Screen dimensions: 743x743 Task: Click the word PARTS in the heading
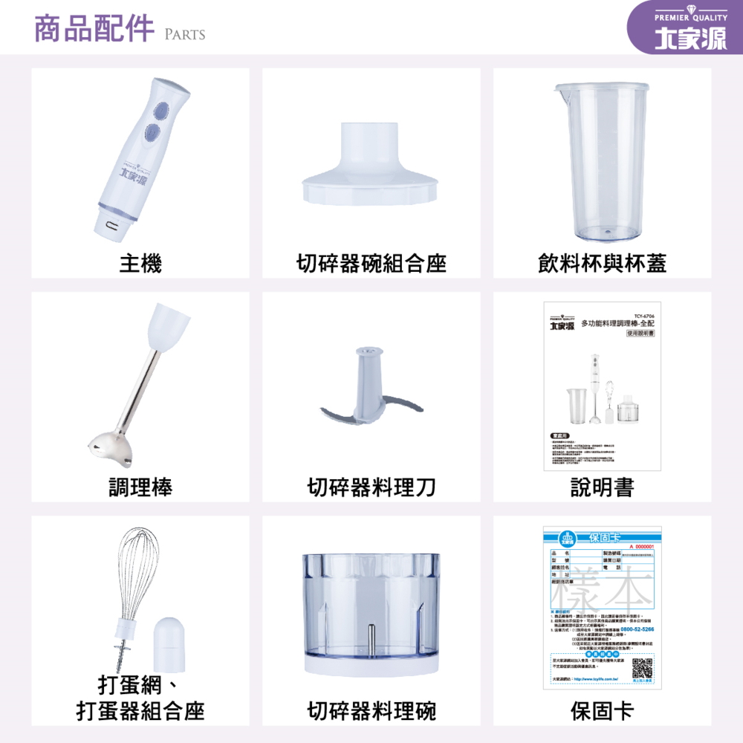[x=184, y=34]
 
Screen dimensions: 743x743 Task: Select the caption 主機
[x=140, y=262]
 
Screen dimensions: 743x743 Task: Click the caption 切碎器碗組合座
[x=371, y=262]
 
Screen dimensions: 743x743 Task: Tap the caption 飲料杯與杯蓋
[x=602, y=262]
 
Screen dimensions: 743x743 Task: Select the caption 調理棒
[x=140, y=487]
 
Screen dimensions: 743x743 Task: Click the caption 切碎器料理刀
[x=371, y=487]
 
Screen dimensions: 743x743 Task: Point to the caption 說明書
[x=602, y=487]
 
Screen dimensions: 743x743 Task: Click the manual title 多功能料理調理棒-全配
[x=617, y=324]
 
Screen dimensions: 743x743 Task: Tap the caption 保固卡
[x=602, y=711]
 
